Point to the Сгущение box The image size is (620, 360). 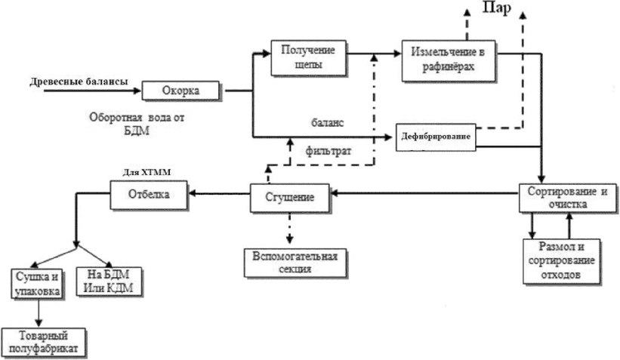[290, 198]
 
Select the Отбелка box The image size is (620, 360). [149, 194]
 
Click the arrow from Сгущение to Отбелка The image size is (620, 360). [220, 195]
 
